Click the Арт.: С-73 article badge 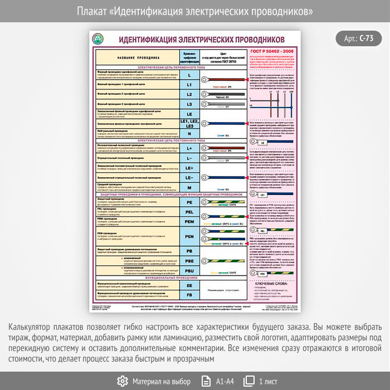[359, 38]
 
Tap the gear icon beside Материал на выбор [123, 381]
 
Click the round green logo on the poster [99, 39]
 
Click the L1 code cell [189, 85]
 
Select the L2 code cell [189, 95]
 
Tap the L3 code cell [189, 104]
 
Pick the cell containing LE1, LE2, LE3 [189, 123]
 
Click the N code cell [189, 134]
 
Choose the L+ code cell [189, 148]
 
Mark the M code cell [189, 188]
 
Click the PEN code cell [189, 236]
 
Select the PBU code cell [189, 270]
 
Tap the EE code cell [189, 285]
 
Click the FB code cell [189, 294]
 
